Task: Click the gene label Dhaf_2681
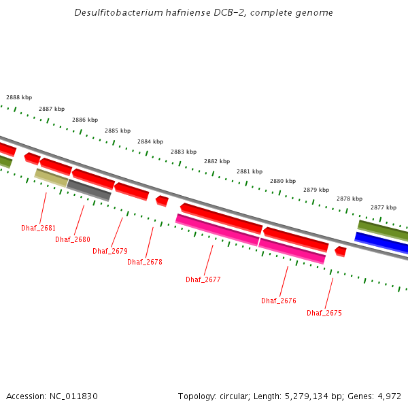[38, 228]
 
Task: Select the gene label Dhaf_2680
[73, 239]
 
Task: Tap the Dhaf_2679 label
[110, 251]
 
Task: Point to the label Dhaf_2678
[145, 262]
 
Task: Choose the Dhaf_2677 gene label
[203, 279]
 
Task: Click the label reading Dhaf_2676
[279, 301]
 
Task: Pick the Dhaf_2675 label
[324, 313]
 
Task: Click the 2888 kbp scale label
[19, 97]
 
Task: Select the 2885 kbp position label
[118, 131]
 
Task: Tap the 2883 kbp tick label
[184, 152]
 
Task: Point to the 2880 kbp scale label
[283, 181]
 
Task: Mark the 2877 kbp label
[384, 207]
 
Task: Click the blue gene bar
[381, 242]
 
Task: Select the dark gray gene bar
[89, 190]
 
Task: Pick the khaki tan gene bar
[52, 177]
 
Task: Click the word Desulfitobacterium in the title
[120, 13]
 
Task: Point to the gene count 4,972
[389, 396]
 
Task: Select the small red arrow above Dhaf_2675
[341, 252]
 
